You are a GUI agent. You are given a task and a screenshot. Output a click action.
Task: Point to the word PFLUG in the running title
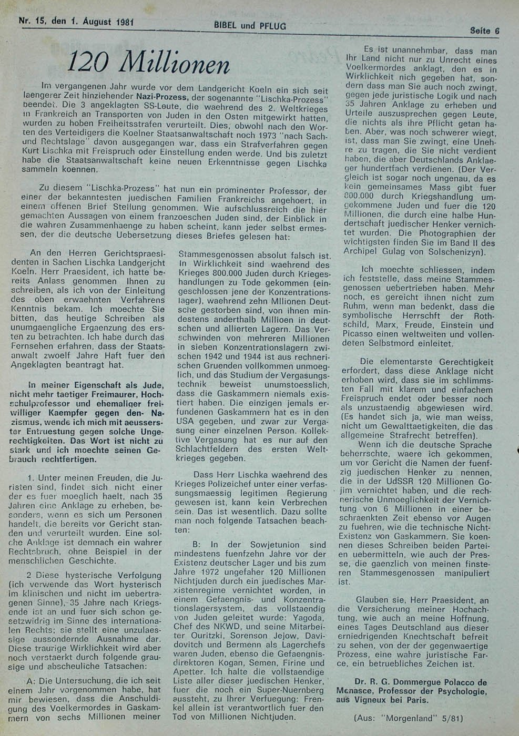(x=273, y=25)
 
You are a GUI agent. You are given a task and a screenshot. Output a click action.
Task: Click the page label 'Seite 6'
(x=484, y=30)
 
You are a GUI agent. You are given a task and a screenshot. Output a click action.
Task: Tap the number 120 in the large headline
(x=88, y=64)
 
